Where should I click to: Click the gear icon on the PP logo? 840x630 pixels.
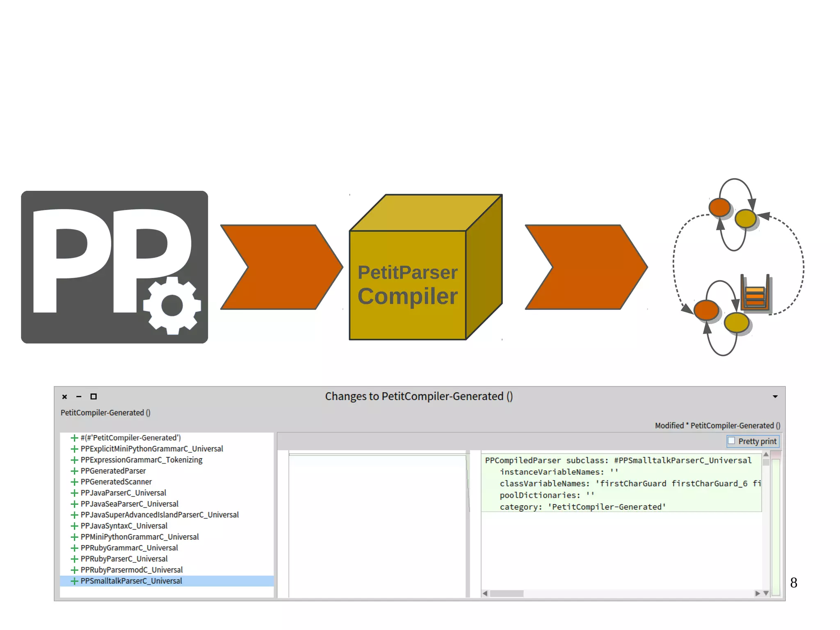point(172,305)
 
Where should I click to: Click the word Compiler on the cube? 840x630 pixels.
point(407,296)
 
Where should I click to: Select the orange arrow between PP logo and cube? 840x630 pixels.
point(281,267)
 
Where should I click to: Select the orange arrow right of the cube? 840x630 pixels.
point(586,267)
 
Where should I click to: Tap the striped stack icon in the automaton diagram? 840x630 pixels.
point(755,294)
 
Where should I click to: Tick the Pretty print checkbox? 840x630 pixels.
point(731,441)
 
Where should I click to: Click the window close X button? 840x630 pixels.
point(64,396)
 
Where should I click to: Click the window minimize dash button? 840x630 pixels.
point(79,396)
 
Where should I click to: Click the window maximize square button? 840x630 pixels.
point(94,396)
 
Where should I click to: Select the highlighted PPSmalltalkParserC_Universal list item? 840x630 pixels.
point(131,581)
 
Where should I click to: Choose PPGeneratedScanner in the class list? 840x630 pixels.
point(116,482)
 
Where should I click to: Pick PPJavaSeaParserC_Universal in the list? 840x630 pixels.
point(129,504)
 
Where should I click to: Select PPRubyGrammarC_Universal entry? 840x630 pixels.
point(129,548)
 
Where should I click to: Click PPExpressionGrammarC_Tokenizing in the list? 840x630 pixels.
point(142,460)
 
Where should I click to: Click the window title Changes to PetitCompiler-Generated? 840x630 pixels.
point(419,396)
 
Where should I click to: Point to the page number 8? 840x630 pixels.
point(794,583)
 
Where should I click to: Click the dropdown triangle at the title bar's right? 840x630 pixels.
point(775,396)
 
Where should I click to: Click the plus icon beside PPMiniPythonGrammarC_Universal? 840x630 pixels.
point(74,537)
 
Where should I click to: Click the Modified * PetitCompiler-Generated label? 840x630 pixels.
point(717,426)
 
